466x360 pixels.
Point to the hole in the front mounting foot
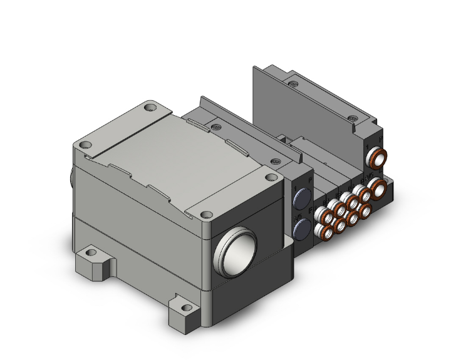pos(184,308)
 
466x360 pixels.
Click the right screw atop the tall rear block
pos(355,118)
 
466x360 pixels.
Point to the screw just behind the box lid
pos(216,128)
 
